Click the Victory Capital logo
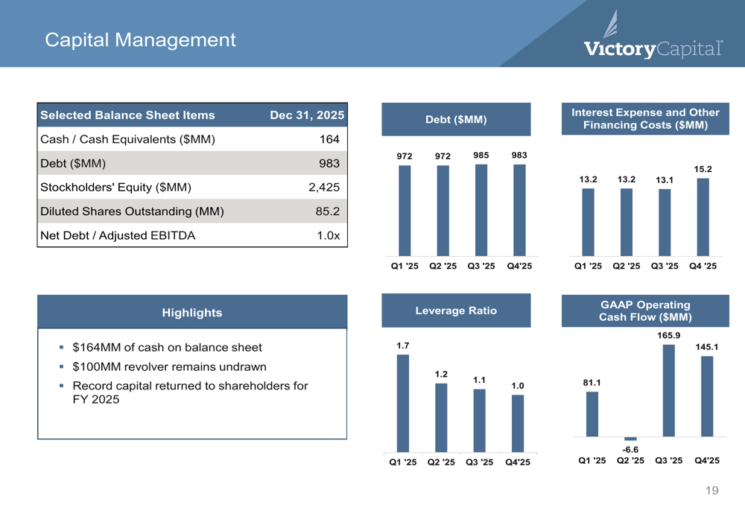[x=653, y=35]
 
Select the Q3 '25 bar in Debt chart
[x=481, y=211]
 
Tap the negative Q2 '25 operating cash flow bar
[x=630, y=439]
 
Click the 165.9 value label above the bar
[x=668, y=335]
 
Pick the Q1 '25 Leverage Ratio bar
[x=403, y=403]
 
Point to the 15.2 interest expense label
[x=703, y=169]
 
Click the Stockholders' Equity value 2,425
[x=324, y=187]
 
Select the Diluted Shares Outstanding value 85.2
[x=328, y=211]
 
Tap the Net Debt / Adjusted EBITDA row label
[x=118, y=235]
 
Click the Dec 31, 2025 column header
[x=307, y=115]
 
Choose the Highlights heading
[x=192, y=313]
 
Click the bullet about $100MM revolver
[x=169, y=366]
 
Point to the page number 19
[x=711, y=491]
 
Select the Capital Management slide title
[x=140, y=40]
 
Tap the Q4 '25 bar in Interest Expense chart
[x=703, y=217]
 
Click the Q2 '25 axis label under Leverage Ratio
[x=441, y=462]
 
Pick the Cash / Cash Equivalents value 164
[x=329, y=139]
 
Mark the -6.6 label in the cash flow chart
[x=630, y=450]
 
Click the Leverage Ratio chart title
[x=456, y=310]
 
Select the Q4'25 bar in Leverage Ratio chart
[x=518, y=424]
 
